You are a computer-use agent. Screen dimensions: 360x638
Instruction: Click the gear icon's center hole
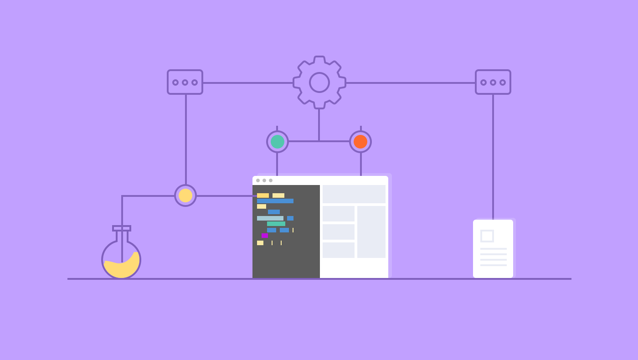[x=319, y=82]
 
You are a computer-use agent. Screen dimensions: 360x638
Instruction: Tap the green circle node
[x=277, y=142]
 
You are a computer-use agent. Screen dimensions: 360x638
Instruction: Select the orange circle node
[x=360, y=142]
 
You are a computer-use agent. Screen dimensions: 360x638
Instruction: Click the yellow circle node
[x=185, y=195]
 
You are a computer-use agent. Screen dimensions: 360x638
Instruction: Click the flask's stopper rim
[x=122, y=228]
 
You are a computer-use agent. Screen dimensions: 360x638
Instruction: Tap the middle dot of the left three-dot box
[x=185, y=82]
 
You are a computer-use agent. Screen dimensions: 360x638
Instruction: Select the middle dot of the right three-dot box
[x=493, y=82]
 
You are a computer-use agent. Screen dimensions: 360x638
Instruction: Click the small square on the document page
[x=487, y=236]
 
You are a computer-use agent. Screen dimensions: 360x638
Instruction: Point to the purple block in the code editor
[x=264, y=236]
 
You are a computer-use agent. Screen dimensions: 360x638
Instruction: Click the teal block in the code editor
[x=276, y=224]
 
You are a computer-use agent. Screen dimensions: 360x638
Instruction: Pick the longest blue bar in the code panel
[x=275, y=201]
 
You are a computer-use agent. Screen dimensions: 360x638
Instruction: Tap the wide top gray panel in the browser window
[x=354, y=194]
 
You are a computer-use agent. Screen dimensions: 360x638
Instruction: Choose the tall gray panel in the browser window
[x=371, y=232]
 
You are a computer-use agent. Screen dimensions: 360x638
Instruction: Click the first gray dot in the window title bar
[x=258, y=180]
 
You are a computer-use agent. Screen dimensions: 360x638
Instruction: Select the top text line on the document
[x=493, y=249]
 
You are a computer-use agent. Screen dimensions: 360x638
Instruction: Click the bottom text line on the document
[x=493, y=265]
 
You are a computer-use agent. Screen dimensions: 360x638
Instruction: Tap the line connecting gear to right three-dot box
[x=410, y=83]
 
